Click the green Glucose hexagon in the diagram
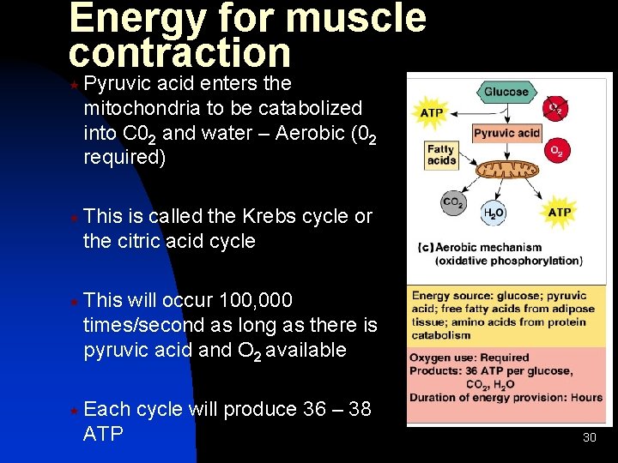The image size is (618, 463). coord(506,92)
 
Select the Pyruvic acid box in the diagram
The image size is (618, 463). coord(506,133)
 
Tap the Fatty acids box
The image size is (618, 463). coord(441,154)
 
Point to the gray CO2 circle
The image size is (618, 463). coord(453,204)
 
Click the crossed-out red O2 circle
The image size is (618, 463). coord(555,109)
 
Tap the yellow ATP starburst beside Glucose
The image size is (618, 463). coord(432,112)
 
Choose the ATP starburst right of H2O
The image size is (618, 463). coord(559,211)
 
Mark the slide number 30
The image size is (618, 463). coord(589,437)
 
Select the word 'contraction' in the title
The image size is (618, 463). coord(180,53)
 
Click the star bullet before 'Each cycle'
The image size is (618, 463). coord(74,411)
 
